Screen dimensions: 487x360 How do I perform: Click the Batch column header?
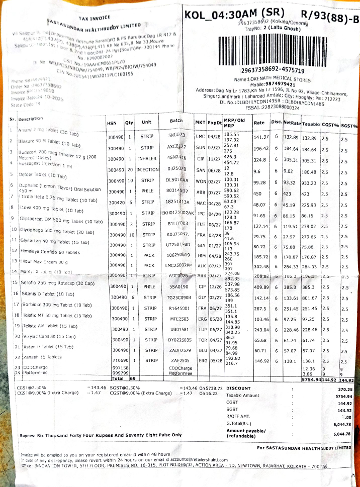point(176,122)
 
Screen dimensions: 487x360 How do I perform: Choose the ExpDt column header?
point(215,122)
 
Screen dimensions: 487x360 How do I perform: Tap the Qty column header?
point(129,122)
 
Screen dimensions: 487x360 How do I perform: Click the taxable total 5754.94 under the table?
point(311,379)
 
